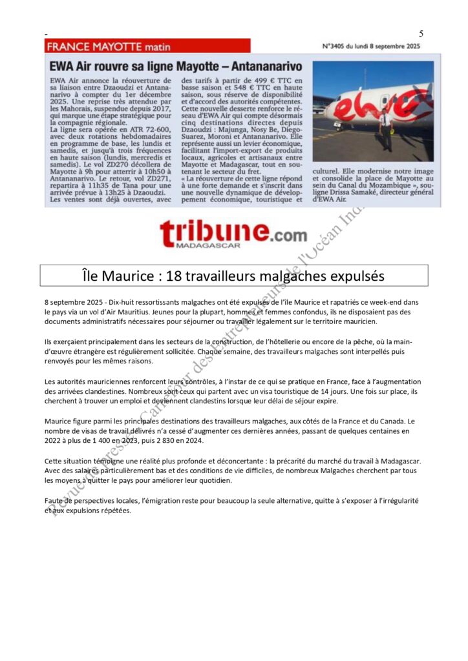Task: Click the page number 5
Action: [421, 34]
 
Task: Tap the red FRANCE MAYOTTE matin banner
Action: [147, 46]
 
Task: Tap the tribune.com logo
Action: [233, 232]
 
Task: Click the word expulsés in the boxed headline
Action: [352, 276]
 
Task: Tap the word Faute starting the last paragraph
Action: [56, 501]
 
